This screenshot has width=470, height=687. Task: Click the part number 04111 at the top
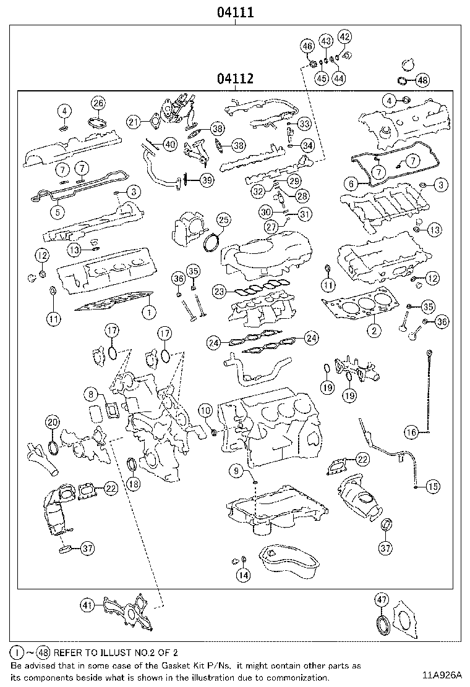tap(235, 12)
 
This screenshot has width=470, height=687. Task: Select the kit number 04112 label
tap(235, 79)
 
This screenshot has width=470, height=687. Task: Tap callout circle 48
tap(422, 80)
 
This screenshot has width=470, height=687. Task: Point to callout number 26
tap(98, 103)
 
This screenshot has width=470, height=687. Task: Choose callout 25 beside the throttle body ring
tap(223, 220)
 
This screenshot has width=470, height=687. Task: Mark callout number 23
tap(218, 290)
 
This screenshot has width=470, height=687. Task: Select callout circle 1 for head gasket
tap(148, 313)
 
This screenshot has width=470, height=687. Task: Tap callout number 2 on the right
tap(374, 331)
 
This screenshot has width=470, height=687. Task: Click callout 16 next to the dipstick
tap(412, 432)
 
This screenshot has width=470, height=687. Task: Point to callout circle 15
tap(432, 487)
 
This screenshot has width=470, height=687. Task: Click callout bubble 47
tap(382, 599)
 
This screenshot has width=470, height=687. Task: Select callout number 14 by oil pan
tap(243, 575)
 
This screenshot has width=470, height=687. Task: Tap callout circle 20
tap(53, 423)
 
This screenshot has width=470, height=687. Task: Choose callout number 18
tap(133, 484)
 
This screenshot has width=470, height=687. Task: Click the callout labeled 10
tap(205, 410)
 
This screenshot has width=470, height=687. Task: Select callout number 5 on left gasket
tap(56, 212)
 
